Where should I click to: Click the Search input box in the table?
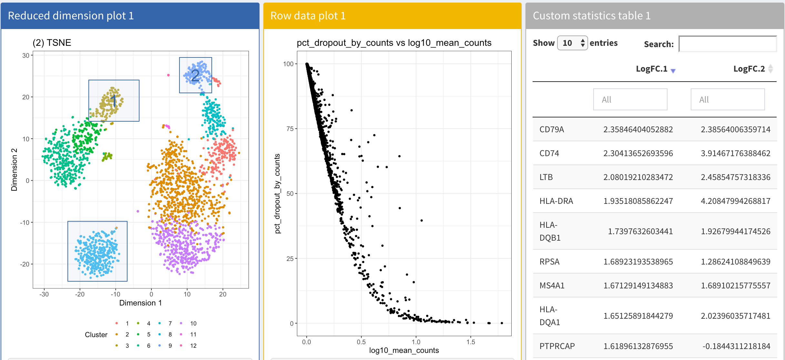[x=728, y=44]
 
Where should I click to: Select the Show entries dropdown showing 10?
[x=572, y=43]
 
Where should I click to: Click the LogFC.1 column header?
[x=651, y=69]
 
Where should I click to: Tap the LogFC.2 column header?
[x=749, y=69]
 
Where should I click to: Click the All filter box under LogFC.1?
[x=630, y=99]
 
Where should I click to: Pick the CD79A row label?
[x=552, y=129]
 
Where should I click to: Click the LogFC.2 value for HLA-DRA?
[x=735, y=201]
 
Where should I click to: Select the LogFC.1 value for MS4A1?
[x=638, y=285]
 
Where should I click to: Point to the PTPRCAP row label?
[x=557, y=346]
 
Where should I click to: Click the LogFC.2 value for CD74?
[x=735, y=153]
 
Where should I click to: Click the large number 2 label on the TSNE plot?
[x=195, y=75]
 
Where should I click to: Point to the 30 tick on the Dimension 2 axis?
[x=26, y=55]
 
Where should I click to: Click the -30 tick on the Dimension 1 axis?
[x=44, y=294]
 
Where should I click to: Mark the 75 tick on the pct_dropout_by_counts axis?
[x=290, y=129]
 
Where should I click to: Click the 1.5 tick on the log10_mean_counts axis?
[x=470, y=342]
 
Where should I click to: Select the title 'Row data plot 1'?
[x=308, y=15]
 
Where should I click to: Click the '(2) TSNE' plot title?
[x=52, y=43]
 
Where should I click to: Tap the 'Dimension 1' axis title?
[x=140, y=303]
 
